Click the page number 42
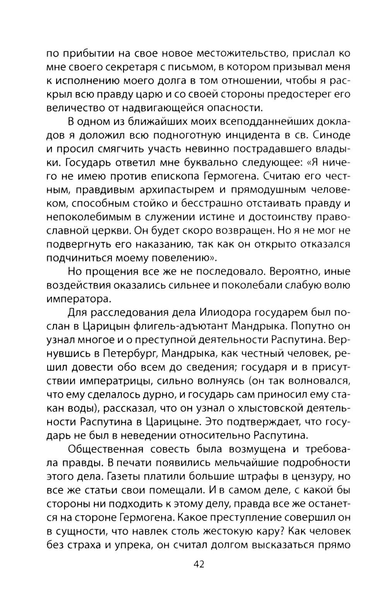(198, 564)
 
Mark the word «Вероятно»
(293, 271)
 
